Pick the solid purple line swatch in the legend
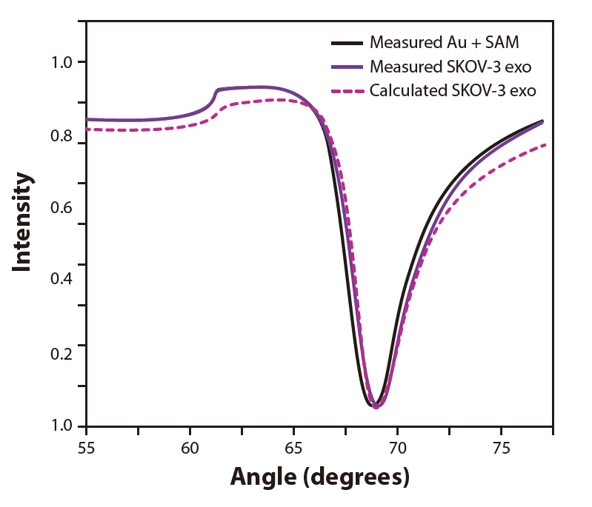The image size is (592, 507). click(x=347, y=67)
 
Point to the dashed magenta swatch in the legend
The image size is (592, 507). click(x=347, y=92)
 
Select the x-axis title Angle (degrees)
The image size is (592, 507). click(x=320, y=476)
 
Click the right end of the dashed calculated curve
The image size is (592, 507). click(x=545, y=144)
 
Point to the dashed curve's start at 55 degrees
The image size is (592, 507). click(x=87, y=129)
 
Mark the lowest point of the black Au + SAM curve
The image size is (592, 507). click(x=370, y=405)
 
